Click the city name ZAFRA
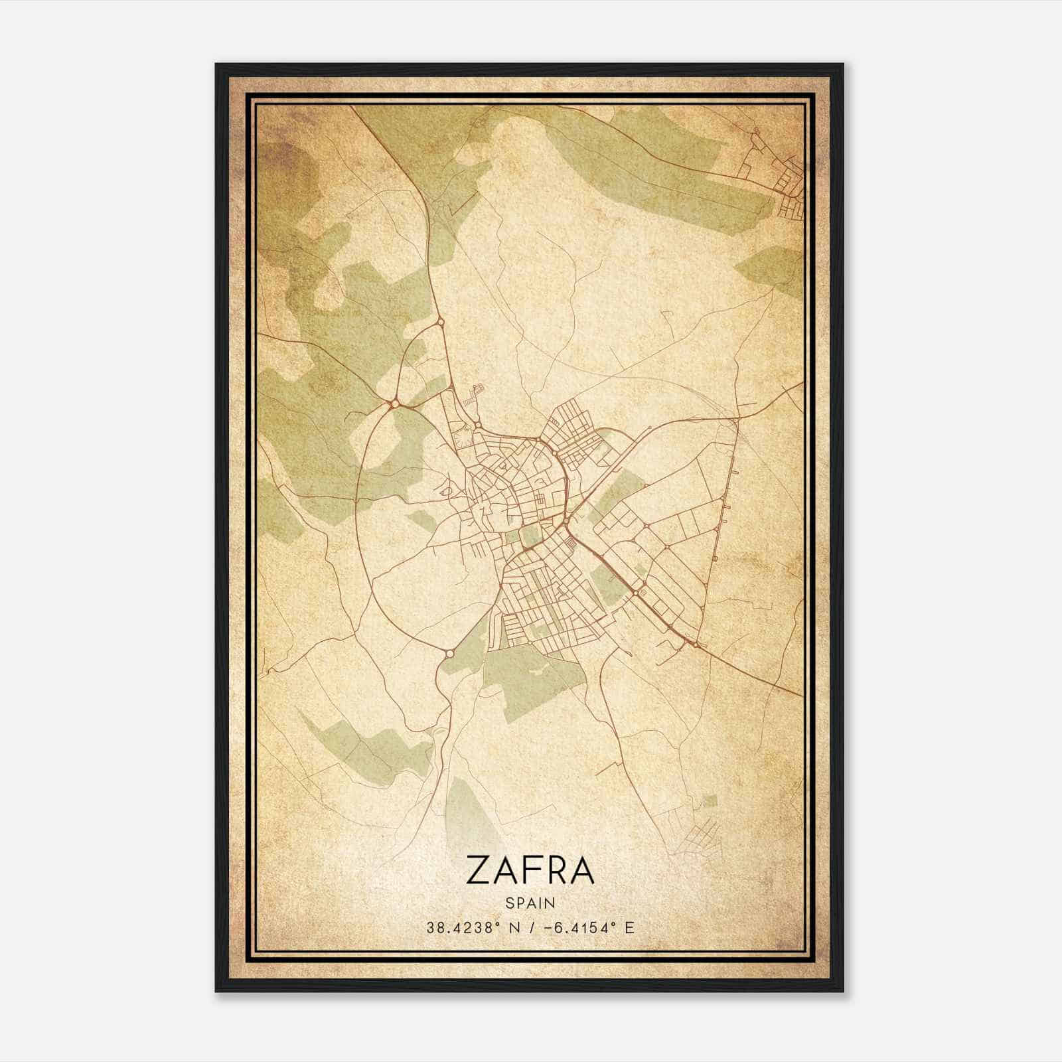pyautogui.click(x=530, y=870)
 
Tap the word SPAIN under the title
pyautogui.click(x=530, y=903)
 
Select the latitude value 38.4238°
pyautogui.click(x=462, y=927)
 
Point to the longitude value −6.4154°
pyautogui.click(x=581, y=927)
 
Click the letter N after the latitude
pyautogui.click(x=514, y=927)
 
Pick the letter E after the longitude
pyautogui.click(x=629, y=927)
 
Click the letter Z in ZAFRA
pyautogui.click(x=479, y=870)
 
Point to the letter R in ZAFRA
pyautogui.click(x=556, y=870)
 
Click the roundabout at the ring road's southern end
pyautogui.click(x=449, y=653)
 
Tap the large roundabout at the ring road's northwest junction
pyautogui.click(x=396, y=403)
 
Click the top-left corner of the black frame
pyautogui.click(x=217, y=65)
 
